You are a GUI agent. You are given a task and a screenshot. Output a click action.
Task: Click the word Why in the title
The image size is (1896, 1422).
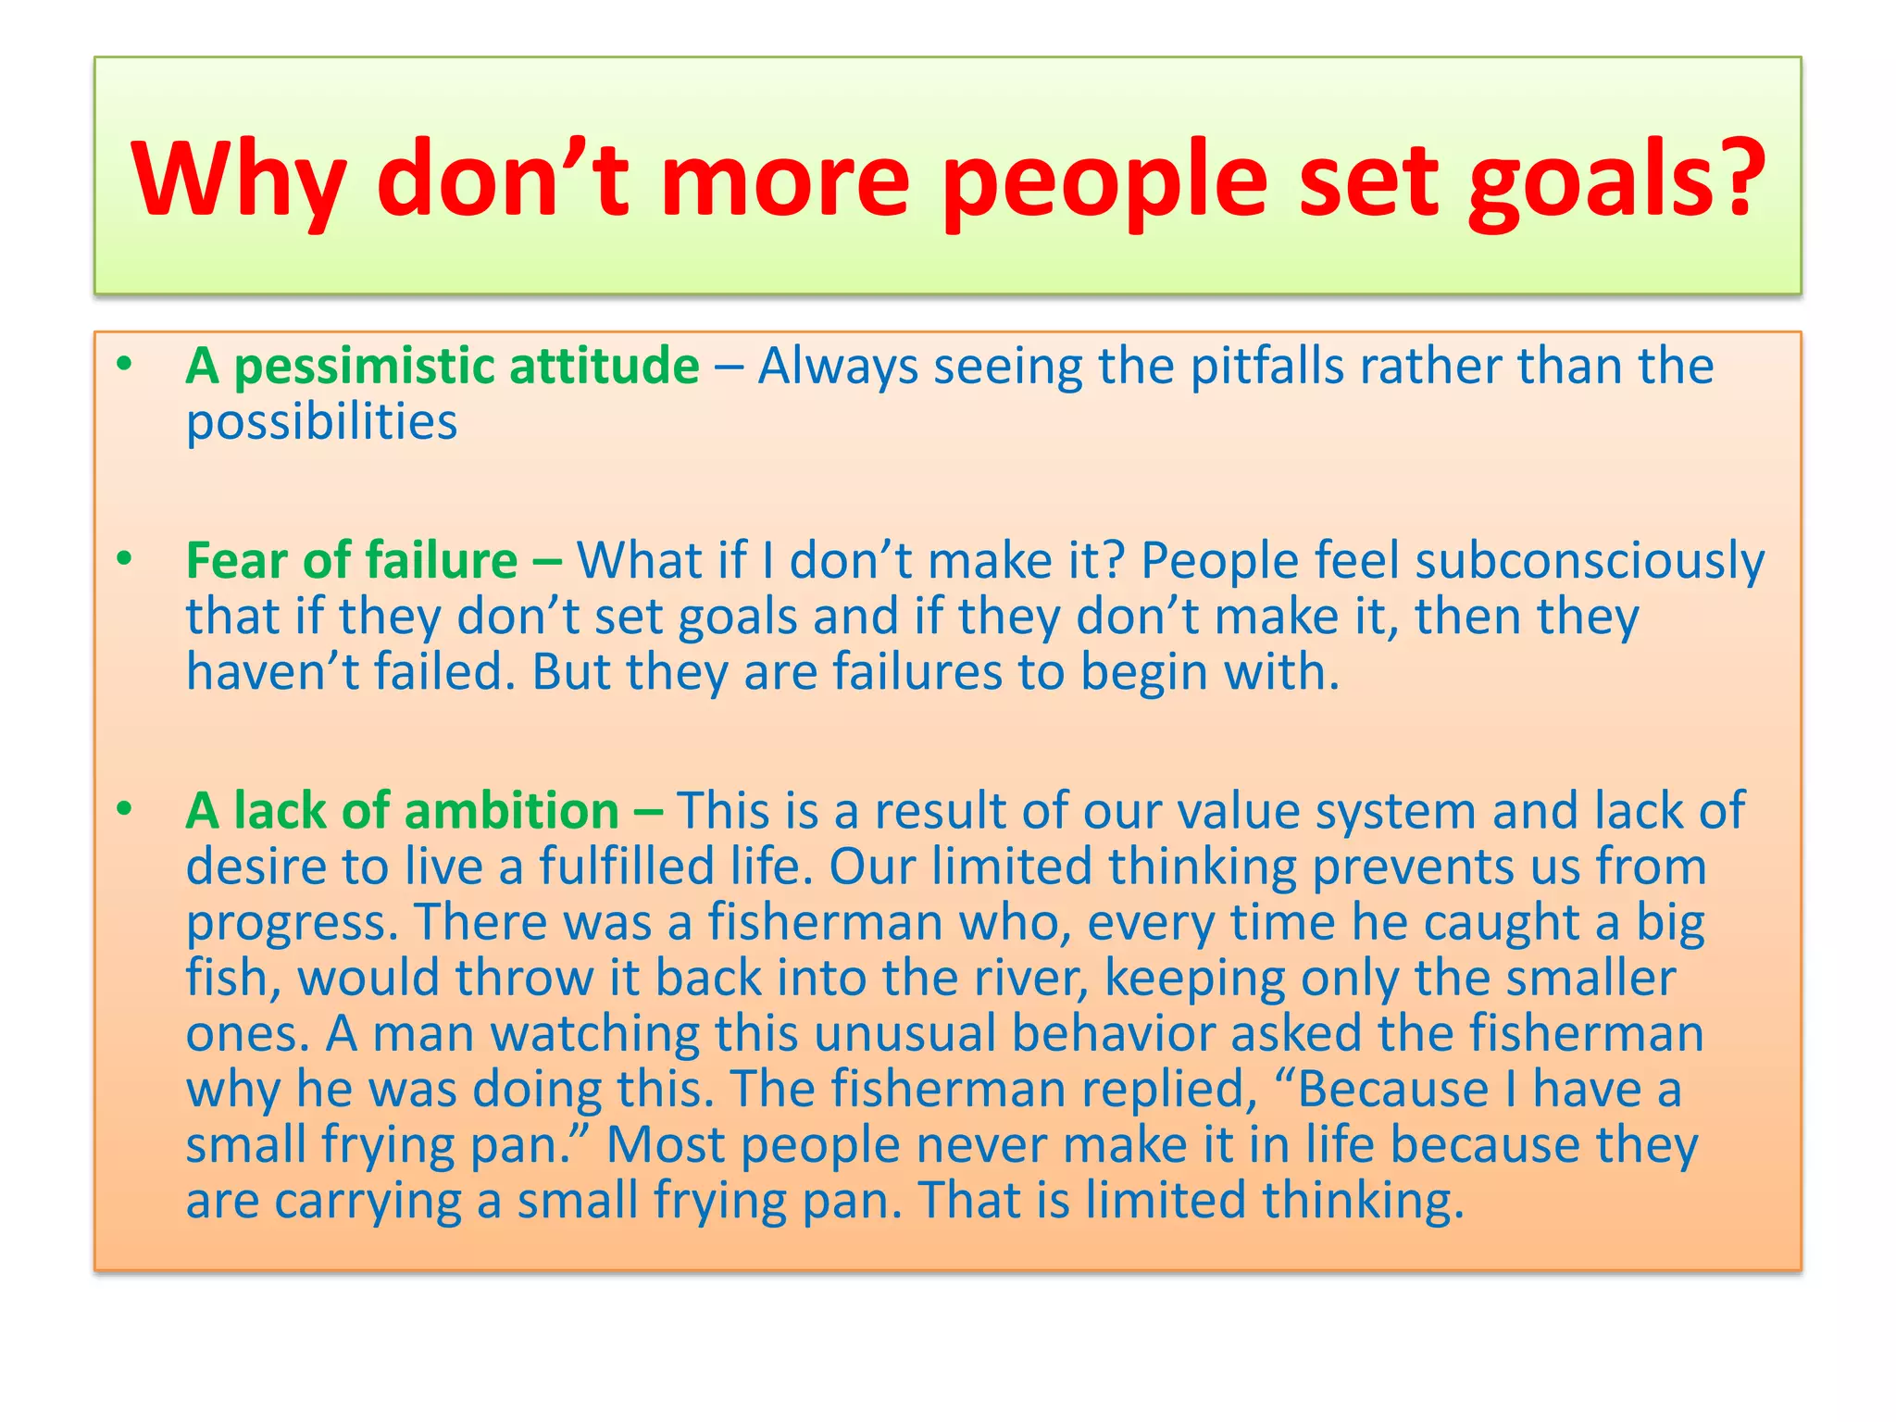239,179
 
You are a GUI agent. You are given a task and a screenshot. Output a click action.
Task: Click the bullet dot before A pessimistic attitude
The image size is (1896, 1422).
124,365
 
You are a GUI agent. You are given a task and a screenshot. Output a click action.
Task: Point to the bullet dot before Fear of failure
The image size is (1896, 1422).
124,559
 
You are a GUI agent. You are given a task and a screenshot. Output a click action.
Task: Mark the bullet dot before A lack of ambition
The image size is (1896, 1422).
124,810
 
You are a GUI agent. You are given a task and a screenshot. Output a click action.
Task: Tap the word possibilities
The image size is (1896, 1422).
321,423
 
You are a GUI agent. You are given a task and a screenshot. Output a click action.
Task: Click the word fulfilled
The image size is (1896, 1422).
627,867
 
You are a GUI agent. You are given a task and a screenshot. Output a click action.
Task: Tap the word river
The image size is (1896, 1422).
1029,978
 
